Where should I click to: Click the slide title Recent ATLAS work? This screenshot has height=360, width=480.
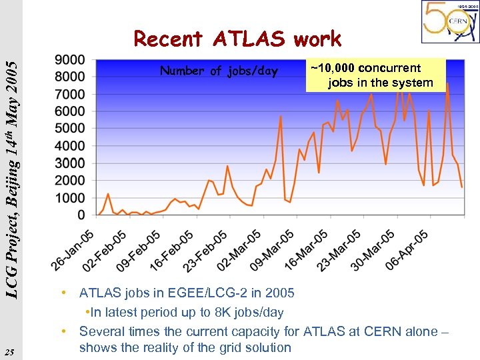[x=237, y=39]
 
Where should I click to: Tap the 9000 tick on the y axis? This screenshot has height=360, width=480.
[x=71, y=59]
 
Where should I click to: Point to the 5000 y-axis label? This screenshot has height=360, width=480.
[x=71, y=128]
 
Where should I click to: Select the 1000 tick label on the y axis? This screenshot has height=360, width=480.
[x=71, y=198]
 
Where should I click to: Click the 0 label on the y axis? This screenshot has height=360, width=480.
[x=81, y=215]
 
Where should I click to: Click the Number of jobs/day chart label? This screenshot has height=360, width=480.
[x=219, y=71]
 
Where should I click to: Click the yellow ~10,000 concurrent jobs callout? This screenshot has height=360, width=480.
[x=375, y=75]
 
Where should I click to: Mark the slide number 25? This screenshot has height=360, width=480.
[x=9, y=351]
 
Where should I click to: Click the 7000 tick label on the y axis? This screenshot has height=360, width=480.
[x=71, y=94]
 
